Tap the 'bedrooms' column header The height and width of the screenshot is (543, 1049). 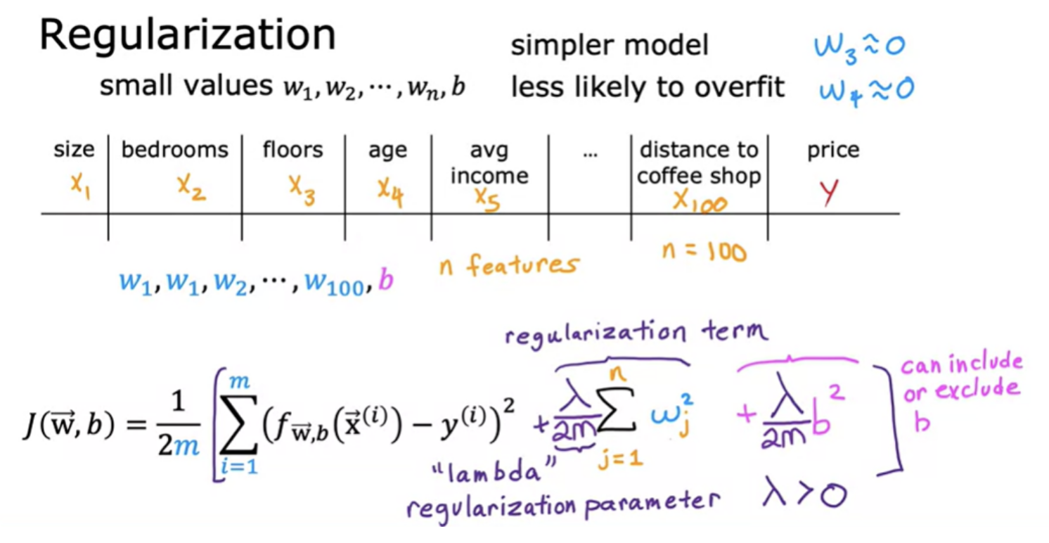tap(174, 150)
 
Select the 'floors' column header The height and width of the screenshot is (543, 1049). tap(292, 150)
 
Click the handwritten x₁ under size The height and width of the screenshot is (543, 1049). tap(80, 186)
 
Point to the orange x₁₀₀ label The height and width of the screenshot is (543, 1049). tap(700, 201)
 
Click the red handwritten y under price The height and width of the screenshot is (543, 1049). tap(829, 192)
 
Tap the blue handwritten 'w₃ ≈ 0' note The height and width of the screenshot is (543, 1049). tap(860, 48)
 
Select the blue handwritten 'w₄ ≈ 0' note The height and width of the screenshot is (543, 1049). tap(866, 91)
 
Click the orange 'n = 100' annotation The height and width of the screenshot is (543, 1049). tap(704, 252)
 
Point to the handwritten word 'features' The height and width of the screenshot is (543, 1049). tap(522, 264)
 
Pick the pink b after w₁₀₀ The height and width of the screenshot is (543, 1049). tap(386, 280)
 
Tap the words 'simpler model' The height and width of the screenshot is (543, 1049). tap(610, 46)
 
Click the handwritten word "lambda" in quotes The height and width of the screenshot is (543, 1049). tap(494, 470)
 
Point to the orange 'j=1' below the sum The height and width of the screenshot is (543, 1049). tap(621, 459)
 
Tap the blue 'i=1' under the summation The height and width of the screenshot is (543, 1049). tap(239, 466)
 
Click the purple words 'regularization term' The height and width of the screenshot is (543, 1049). tap(637, 334)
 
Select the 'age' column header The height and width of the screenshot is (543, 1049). tap(387, 151)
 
